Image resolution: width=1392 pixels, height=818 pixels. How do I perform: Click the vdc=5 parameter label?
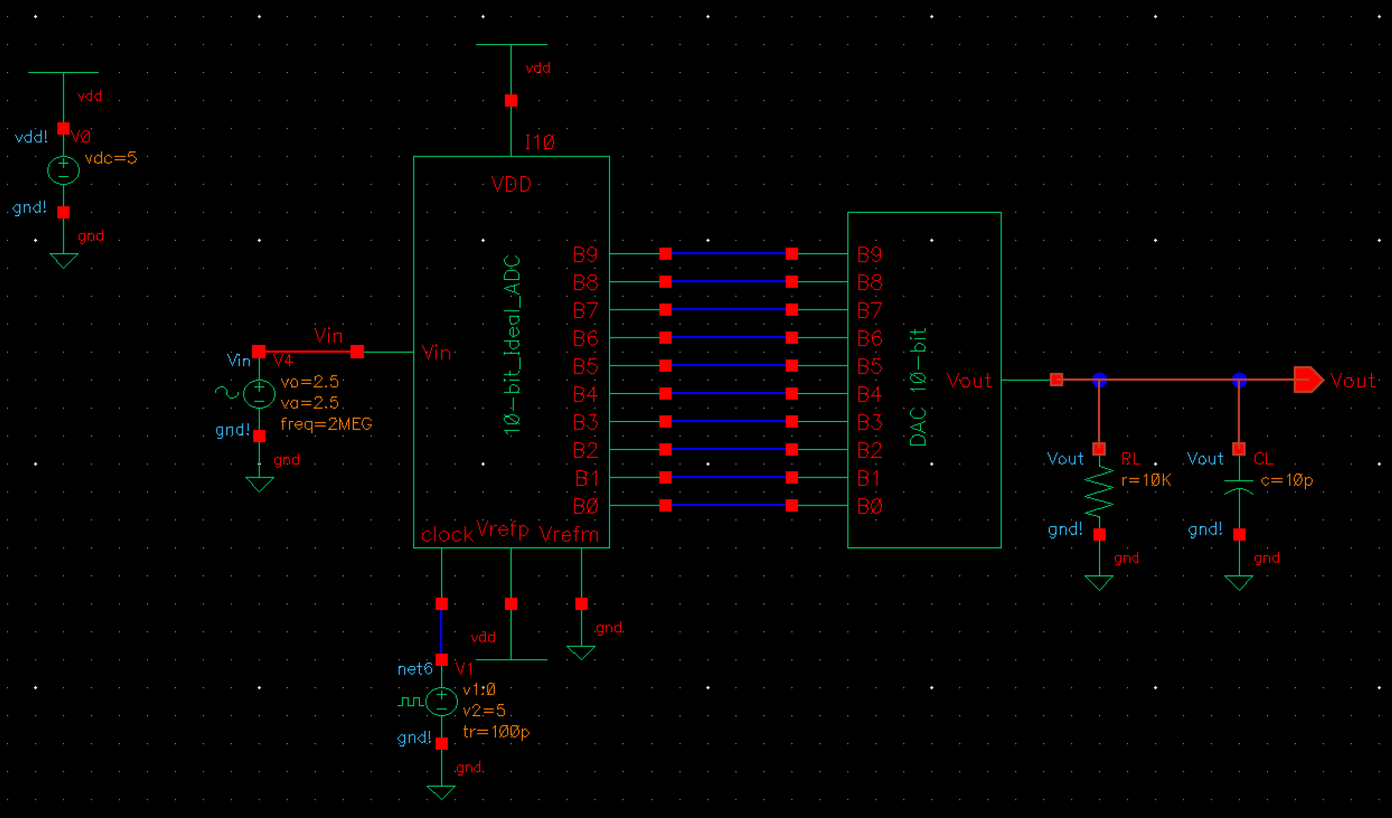[111, 158]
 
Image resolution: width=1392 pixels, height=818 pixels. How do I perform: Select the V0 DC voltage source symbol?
[63, 170]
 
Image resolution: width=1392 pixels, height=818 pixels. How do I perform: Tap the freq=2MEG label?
[326, 424]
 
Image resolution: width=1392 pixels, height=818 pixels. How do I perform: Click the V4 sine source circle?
[259, 394]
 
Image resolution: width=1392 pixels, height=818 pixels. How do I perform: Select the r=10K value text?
[1146, 480]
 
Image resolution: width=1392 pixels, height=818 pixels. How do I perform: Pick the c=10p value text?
[1287, 480]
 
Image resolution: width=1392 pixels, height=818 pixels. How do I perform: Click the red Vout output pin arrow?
[1308, 380]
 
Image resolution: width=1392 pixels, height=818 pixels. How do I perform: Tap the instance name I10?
[539, 142]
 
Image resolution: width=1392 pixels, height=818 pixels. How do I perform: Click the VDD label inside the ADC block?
[511, 185]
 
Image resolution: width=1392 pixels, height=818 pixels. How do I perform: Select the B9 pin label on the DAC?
[869, 255]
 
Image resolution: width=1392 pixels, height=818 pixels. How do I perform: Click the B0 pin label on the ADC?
[585, 506]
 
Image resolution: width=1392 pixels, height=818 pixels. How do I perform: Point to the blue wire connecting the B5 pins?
[728, 365]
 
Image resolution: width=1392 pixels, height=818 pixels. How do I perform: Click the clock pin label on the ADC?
[447, 534]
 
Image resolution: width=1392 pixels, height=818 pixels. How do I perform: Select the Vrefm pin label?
[568, 534]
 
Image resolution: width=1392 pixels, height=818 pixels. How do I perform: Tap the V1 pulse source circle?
[442, 702]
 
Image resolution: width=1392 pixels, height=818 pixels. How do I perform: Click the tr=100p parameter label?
[496, 732]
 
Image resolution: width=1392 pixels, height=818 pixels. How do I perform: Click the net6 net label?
[415, 669]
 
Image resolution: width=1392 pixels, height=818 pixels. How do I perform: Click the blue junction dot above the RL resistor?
[1099, 380]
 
